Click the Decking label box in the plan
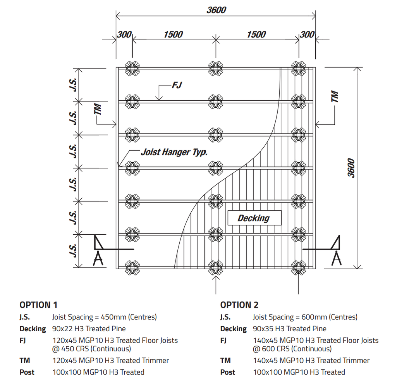(x=253, y=218)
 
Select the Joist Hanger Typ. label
(x=174, y=152)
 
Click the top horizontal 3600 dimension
(x=216, y=10)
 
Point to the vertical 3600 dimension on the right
(x=351, y=168)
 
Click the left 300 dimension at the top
(x=124, y=34)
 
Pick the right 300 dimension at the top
(x=308, y=34)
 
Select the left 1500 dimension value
(x=173, y=34)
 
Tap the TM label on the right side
(x=335, y=97)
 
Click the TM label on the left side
(x=98, y=109)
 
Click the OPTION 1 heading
(x=38, y=305)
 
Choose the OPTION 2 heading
(x=239, y=305)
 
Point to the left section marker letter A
(x=99, y=258)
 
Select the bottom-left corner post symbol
(x=132, y=267)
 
